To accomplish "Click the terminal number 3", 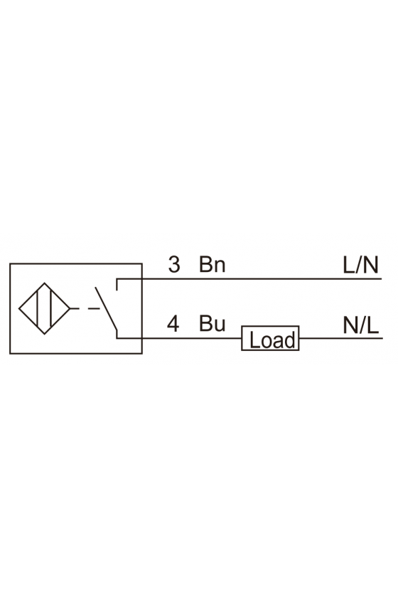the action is tap(174, 265).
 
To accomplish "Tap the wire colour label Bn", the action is tap(212, 265).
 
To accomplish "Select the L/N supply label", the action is tap(360, 265).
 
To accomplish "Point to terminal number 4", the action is tap(173, 324).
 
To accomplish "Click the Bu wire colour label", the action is tap(212, 324).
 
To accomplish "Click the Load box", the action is tap(270, 338).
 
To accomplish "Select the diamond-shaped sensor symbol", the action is tap(45, 308).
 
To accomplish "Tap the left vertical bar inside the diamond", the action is tap(38, 308).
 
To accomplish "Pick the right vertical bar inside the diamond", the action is tap(51, 308).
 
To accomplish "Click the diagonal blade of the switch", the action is tap(106, 308).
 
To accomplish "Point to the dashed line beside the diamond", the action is tap(85, 308).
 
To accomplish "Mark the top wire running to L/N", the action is tap(249, 279).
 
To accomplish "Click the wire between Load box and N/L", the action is tap(340, 338).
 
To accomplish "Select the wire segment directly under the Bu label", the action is tap(212, 338).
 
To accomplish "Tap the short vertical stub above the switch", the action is tap(117, 285).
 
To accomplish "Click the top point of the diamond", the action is tap(45, 283).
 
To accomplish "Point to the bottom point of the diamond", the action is tap(45, 335).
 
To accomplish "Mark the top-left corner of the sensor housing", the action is tap(10, 263).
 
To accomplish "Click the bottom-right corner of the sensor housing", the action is tap(142, 354).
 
